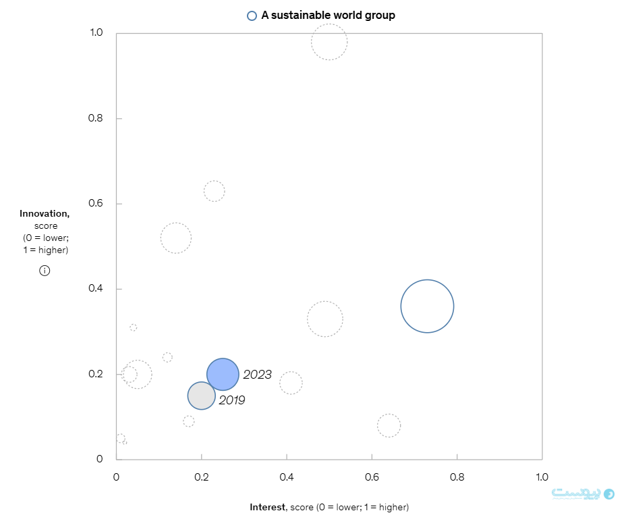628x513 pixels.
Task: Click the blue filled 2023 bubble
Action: pyautogui.click(x=223, y=374)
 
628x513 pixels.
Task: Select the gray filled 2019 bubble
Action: pyautogui.click(x=201, y=396)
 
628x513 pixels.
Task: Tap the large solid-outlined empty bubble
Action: pyautogui.click(x=427, y=306)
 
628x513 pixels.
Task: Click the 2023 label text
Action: pyautogui.click(x=257, y=375)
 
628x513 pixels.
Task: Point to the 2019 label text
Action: pyautogui.click(x=231, y=400)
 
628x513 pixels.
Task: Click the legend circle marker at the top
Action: pyautogui.click(x=252, y=16)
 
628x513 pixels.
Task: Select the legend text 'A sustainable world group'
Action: pyautogui.click(x=328, y=16)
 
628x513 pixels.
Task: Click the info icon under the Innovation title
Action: pyautogui.click(x=45, y=271)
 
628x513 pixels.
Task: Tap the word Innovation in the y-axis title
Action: pyautogui.click(x=45, y=214)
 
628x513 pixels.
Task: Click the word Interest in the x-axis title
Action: pyautogui.click(x=268, y=507)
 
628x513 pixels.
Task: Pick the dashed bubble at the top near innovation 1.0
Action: pyautogui.click(x=329, y=42)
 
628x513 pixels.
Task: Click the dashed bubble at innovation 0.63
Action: pyautogui.click(x=214, y=191)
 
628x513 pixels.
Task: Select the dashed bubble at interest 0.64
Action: pyautogui.click(x=389, y=425)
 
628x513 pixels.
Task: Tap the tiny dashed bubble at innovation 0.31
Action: pyautogui.click(x=134, y=327)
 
